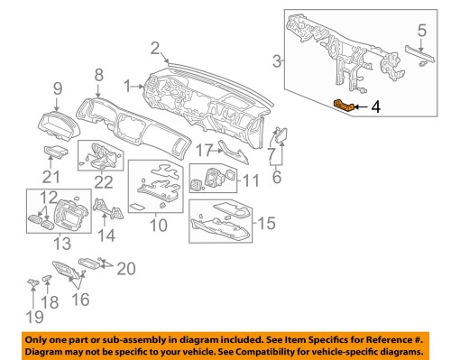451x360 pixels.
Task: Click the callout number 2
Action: [x=154, y=48]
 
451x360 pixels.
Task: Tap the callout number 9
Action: [x=57, y=88]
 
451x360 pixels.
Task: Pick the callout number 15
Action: [x=265, y=222]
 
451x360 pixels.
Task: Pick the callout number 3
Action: [x=277, y=60]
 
